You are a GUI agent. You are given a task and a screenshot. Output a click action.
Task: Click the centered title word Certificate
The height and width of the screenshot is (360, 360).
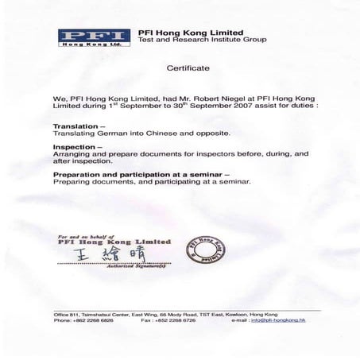188,69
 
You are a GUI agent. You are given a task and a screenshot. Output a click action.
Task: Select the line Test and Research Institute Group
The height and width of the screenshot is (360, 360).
202,40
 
